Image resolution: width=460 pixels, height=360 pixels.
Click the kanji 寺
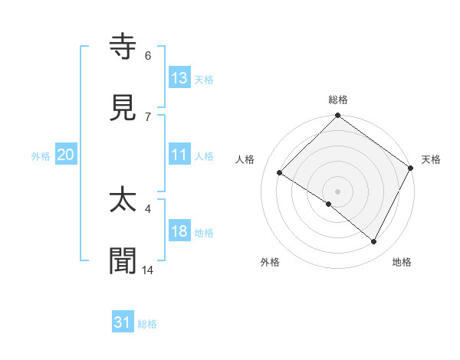pos(123,47)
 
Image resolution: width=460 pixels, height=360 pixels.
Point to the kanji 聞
pos(123,261)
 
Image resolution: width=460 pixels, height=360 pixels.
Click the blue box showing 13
pos(179,78)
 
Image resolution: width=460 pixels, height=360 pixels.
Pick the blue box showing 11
pos(179,155)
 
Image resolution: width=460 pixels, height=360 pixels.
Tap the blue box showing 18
pos(179,232)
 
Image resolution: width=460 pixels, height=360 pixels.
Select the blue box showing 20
pos(66,155)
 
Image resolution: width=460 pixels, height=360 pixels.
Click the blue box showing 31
pos(123,323)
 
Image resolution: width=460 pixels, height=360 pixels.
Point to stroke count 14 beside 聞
pos(148,270)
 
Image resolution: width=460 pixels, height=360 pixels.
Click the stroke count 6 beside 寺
pos(148,56)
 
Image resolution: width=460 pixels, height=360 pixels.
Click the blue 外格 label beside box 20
pos(41,155)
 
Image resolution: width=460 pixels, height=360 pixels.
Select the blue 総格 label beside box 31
pos(147,324)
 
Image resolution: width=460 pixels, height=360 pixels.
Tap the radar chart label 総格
pos(338,100)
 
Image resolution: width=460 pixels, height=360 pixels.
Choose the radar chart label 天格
pos(431,159)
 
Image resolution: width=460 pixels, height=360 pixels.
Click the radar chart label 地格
pos(402,263)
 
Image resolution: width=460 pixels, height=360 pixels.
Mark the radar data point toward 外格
pos(329,205)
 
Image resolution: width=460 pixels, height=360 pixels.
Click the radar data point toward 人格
pos(280,173)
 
